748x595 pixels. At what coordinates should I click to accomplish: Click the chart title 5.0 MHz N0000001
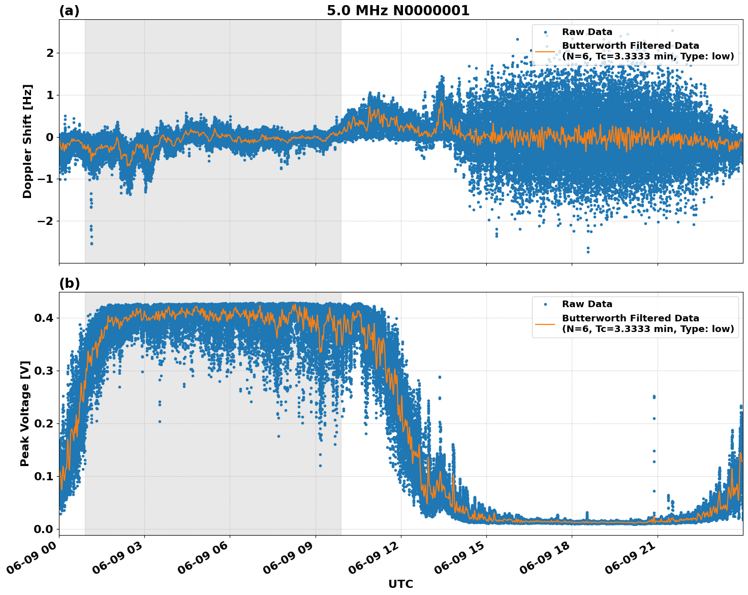398,11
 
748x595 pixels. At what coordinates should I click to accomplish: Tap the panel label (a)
69,11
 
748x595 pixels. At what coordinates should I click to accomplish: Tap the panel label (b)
69,284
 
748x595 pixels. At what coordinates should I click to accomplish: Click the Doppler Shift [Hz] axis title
27,141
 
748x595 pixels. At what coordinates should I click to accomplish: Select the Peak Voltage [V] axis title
25,413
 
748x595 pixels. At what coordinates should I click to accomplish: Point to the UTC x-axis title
400,584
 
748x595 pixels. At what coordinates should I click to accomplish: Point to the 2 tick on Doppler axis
50,53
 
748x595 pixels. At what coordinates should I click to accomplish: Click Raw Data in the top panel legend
587,32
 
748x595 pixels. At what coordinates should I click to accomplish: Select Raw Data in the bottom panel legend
587,304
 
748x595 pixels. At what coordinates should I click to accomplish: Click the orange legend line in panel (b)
545,323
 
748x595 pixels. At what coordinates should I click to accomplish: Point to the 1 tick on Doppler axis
50,95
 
